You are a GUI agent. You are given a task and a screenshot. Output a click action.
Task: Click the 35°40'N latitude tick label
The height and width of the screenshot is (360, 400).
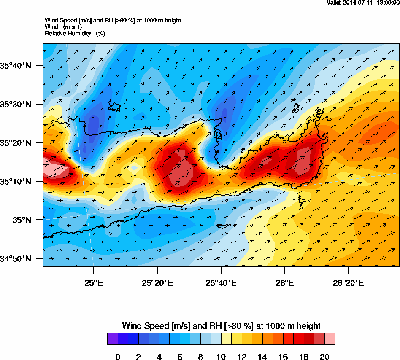pyautogui.click(x=16, y=65)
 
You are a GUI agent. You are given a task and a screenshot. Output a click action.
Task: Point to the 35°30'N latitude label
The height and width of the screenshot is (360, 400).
pyautogui.click(x=16, y=104)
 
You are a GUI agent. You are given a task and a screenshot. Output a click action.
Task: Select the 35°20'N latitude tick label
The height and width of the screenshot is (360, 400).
pyautogui.click(x=16, y=143)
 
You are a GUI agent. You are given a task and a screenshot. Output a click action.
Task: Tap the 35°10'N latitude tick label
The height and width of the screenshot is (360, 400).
pyautogui.click(x=16, y=182)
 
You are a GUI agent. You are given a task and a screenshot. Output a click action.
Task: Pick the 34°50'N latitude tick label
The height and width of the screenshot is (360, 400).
pyautogui.click(x=16, y=258)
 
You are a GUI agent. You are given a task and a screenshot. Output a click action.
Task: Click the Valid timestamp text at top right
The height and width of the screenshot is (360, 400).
pyautogui.click(x=363, y=3)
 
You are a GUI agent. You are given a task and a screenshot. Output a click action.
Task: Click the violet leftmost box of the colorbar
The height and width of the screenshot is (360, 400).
pyautogui.click(x=112, y=339)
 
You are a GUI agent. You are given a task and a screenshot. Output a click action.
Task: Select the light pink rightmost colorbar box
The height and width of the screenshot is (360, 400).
pyautogui.click(x=330, y=339)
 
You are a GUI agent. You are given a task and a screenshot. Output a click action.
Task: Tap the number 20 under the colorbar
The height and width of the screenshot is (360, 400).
pyautogui.click(x=324, y=357)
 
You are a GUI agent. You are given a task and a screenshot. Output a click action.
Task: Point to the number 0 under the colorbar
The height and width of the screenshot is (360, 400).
pyautogui.click(x=118, y=357)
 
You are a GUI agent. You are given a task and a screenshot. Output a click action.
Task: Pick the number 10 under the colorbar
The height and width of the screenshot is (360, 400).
pyautogui.click(x=221, y=357)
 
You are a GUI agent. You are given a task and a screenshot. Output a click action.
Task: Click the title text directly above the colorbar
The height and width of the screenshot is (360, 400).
pyautogui.click(x=221, y=326)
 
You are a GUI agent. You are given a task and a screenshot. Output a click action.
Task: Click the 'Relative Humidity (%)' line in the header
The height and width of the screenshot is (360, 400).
pyautogui.click(x=75, y=33)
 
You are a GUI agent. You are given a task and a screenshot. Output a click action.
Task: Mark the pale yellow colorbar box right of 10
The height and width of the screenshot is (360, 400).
pyautogui.click(x=226, y=339)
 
